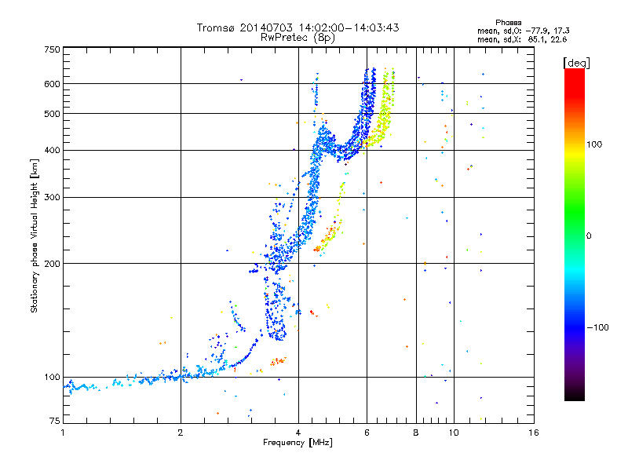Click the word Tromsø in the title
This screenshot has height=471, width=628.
pos(217,27)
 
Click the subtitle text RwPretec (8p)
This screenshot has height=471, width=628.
pos(298,38)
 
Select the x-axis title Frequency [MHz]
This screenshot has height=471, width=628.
pos(298,443)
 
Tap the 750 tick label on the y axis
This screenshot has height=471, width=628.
pos(53,49)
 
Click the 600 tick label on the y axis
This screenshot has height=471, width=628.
pos(53,84)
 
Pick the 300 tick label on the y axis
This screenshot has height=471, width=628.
pos(53,197)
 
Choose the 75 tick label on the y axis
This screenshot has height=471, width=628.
pos(55,421)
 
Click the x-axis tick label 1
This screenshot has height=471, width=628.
pos(63,433)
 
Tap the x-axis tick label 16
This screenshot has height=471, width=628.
pos(534,433)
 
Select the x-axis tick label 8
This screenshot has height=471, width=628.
pos(416,433)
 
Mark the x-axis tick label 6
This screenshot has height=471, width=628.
pos(367,433)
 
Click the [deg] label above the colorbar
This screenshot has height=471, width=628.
pos(577,63)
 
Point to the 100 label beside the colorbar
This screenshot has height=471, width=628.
pos(594,144)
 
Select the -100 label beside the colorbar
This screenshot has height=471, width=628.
pos(597,327)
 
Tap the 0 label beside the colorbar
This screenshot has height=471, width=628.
pos(589,236)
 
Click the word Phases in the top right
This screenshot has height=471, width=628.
pos(508,23)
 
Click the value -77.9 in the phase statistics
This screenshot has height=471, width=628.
pos(537,31)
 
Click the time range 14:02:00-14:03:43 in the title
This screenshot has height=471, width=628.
pos(349,27)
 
